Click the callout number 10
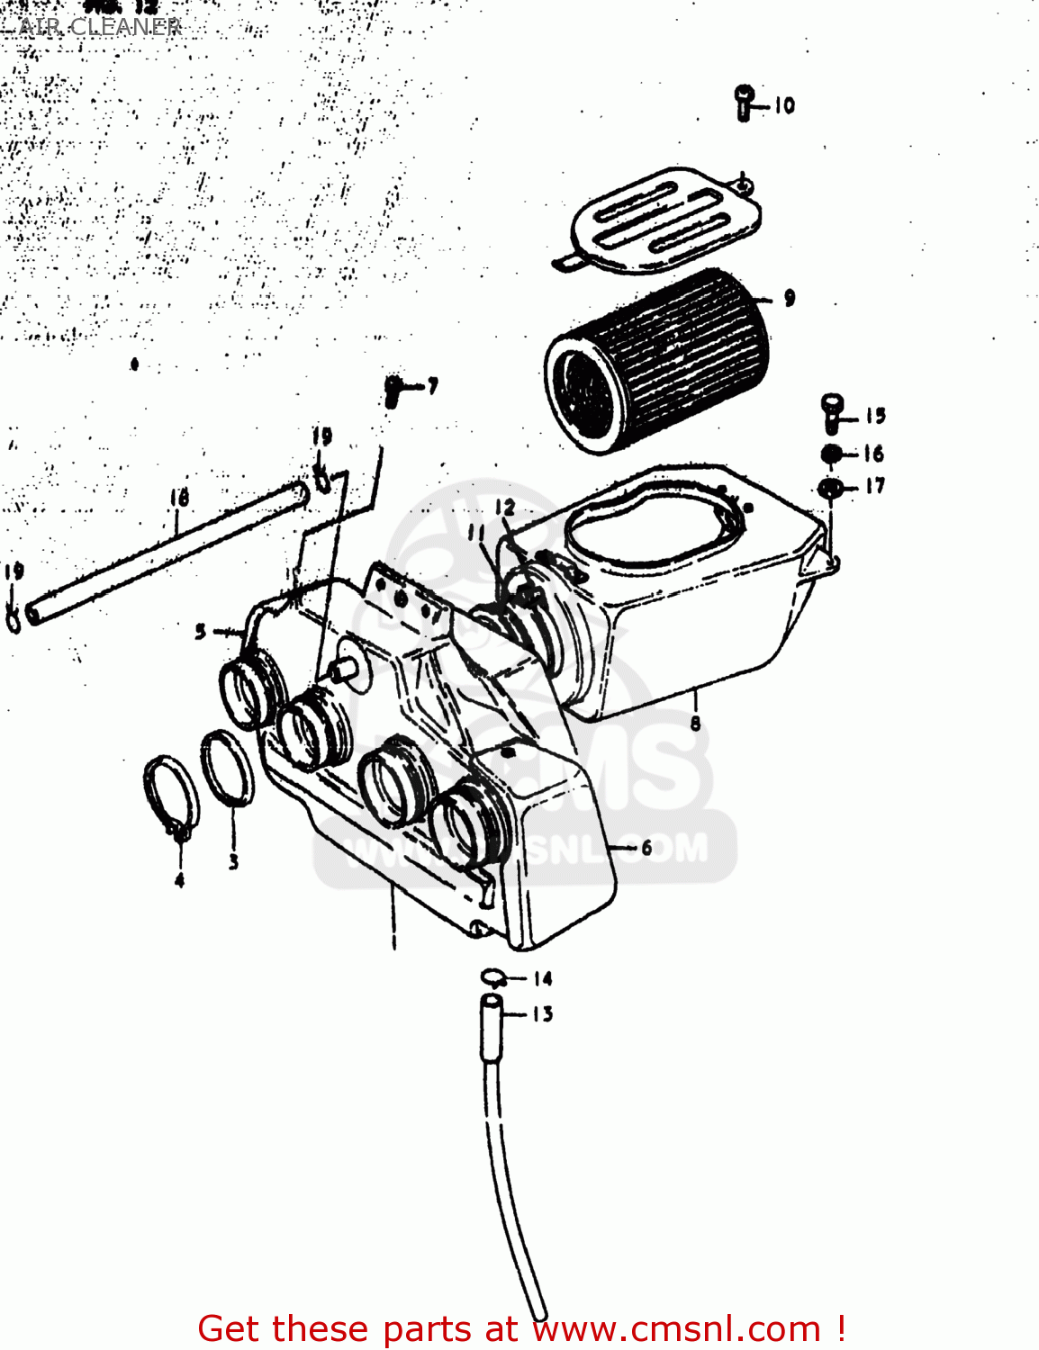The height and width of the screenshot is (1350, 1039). pos(785,105)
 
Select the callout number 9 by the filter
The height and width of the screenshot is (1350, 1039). pos(790,298)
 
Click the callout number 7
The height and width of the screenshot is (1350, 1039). pos(433,386)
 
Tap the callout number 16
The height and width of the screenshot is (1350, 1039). pos(873,454)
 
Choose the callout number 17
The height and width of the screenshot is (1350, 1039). pos(875,486)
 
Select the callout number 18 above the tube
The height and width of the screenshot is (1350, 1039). pos(179,498)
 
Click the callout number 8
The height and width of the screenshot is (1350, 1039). pos(695,723)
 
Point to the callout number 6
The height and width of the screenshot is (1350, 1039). pos(646,848)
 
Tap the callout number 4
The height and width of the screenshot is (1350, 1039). pos(179,879)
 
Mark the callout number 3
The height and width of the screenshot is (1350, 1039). pos(233,862)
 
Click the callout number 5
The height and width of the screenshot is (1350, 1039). pos(201,632)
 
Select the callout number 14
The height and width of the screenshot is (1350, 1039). pos(542,978)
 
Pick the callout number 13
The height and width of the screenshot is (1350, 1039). pos(542,1014)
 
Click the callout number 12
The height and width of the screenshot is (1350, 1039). pos(505,508)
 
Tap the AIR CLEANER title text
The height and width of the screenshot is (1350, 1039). pos(100,27)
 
